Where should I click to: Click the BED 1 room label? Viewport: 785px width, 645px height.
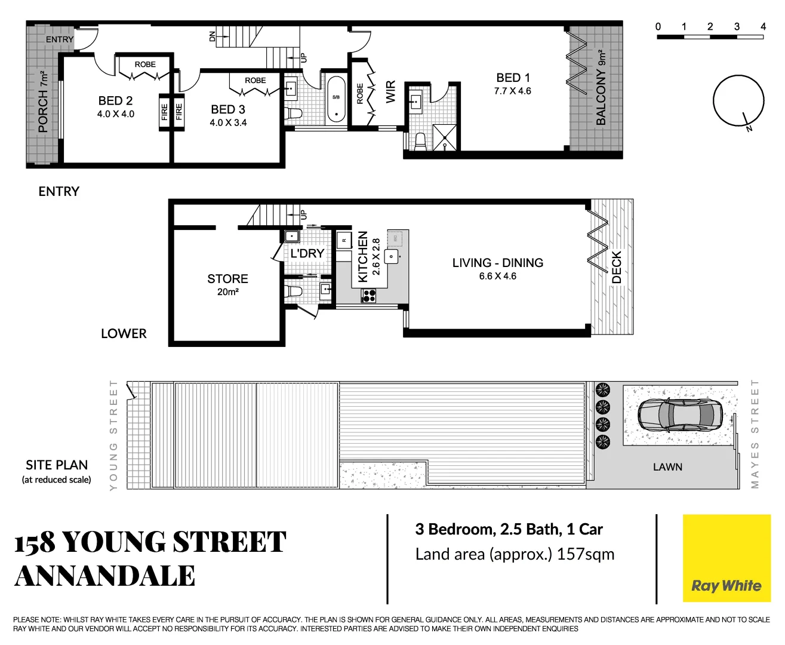513,78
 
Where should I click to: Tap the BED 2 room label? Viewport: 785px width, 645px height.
116,101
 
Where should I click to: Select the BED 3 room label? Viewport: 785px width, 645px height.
228,109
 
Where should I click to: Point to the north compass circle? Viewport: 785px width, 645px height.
738,100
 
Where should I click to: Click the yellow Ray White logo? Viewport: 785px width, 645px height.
726,558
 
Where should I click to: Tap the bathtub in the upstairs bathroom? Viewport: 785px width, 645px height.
336,99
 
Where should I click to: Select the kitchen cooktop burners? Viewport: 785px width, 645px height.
369,295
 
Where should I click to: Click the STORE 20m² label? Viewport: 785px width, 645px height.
227,284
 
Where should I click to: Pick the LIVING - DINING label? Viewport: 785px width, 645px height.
497,263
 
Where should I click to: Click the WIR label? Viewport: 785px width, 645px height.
390,92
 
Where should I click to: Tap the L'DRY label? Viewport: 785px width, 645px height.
307,253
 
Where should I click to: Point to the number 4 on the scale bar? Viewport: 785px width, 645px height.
763,26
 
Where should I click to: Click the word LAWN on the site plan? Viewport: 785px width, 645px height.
667,467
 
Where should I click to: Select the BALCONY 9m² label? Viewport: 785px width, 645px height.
601,88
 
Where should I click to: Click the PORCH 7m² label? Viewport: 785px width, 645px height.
43,102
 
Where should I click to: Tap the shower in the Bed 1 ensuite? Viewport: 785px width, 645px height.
445,137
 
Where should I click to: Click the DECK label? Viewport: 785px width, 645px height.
617,267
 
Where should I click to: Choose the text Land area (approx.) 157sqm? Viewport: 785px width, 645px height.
515,554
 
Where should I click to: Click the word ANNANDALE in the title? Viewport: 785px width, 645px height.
105,576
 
